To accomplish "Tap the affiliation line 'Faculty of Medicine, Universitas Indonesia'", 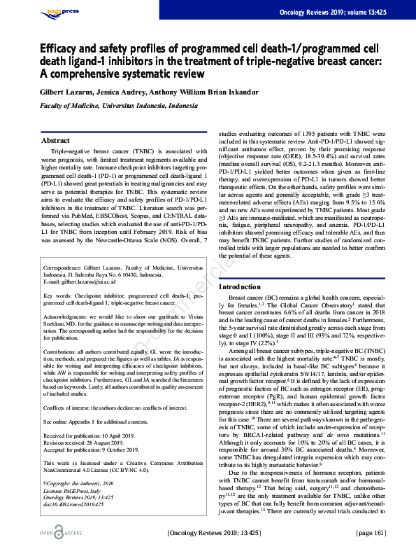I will click(x=118, y=104).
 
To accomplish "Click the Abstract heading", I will click(x=56, y=140).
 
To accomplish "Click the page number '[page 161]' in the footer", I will click(x=370, y=532).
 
